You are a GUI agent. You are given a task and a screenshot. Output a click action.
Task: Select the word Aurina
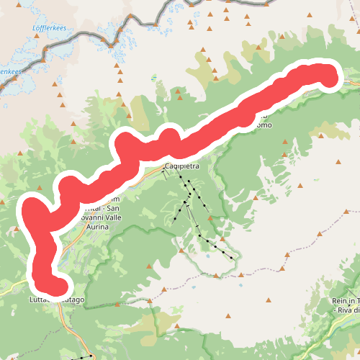[97, 227]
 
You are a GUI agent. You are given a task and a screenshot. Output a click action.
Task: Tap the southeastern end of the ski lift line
[235, 257]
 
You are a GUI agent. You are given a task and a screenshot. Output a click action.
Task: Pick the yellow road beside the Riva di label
[324, 338]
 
